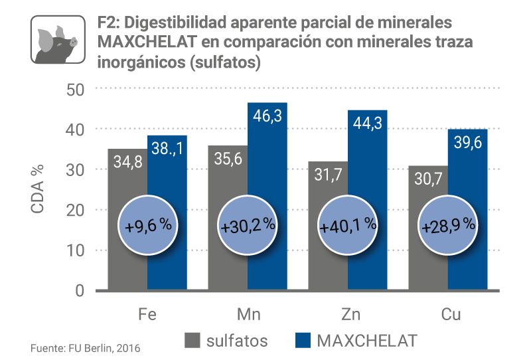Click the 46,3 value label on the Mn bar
pyautogui.click(x=267, y=116)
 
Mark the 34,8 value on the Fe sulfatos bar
pyautogui.click(x=127, y=161)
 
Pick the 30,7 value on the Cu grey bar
pyautogui.click(x=429, y=179)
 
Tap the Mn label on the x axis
pyautogui.click(x=248, y=314)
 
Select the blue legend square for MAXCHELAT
pyautogui.click(x=302, y=341)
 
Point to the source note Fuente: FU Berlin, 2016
pyautogui.click(x=86, y=347)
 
